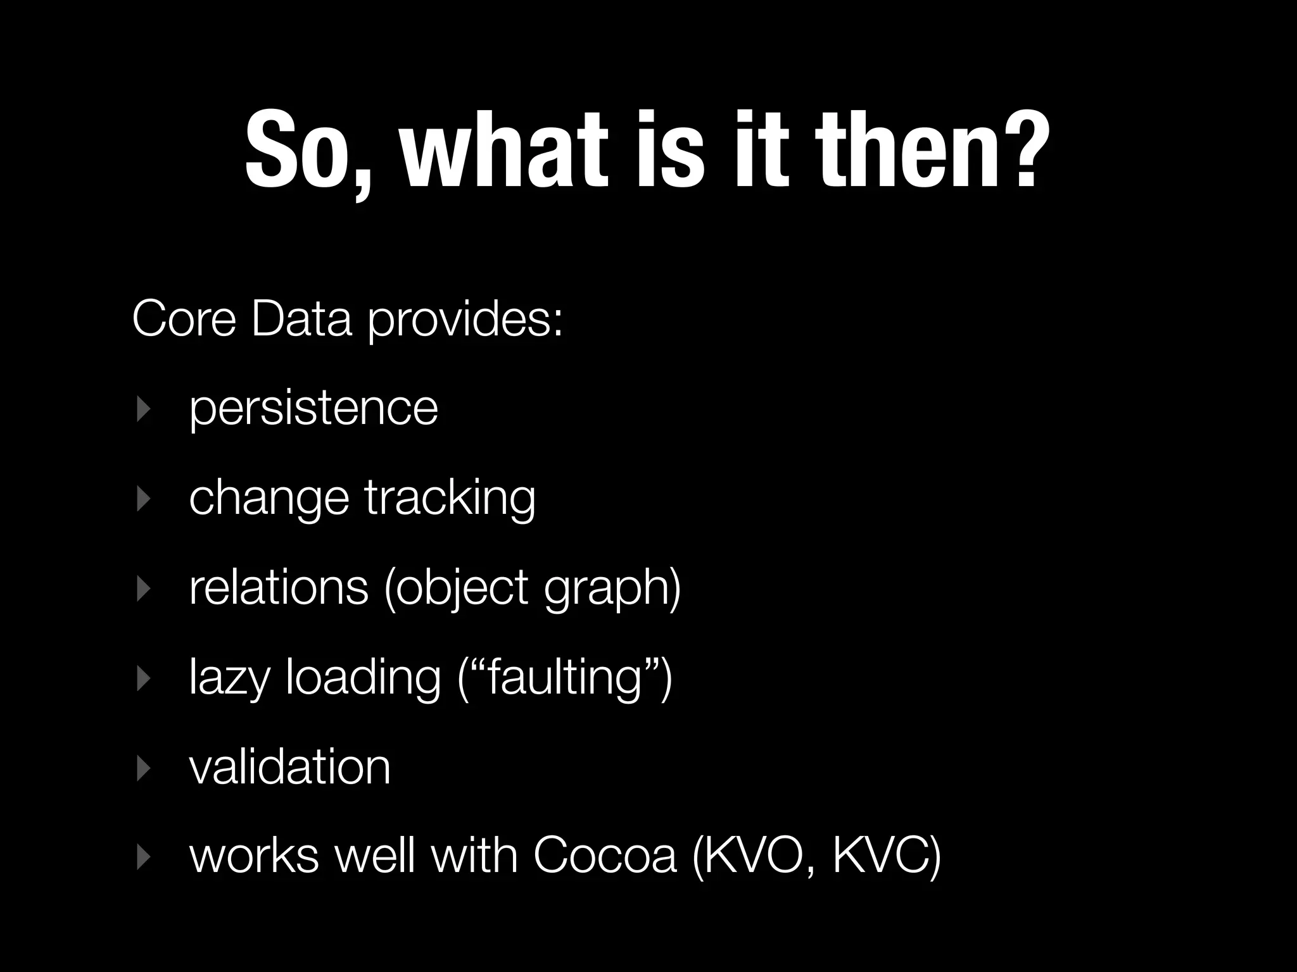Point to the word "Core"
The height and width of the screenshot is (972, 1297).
(x=184, y=320)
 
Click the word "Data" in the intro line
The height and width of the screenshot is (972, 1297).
(x=301, y=320)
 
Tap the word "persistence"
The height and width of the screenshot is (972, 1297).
(x=313, y=409)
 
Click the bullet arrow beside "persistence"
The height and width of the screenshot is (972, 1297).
(x=144, y=409)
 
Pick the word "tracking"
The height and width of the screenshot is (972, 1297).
(x=450, y=499)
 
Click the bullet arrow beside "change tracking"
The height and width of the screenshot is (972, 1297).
(x=144, y=499)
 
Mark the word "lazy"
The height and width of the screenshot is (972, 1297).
(x=230, y=679)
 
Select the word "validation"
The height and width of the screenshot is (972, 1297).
(x=289, y=767)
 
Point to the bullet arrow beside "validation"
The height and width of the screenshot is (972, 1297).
(x=144, y=768)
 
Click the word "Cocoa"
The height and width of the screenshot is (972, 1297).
(x=605, y=857)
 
